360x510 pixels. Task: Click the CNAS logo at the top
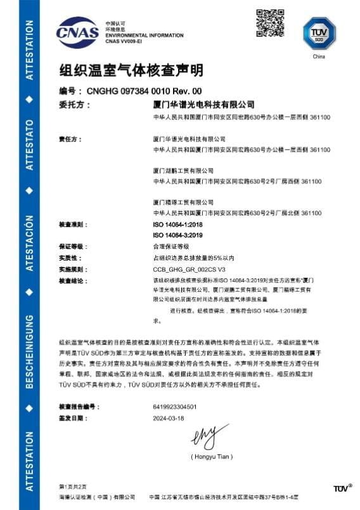tap(77, 31)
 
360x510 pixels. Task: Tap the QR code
tap(269, 23)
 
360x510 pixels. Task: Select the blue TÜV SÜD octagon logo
tap(319, 32)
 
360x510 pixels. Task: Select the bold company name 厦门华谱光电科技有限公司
tap(203, 104)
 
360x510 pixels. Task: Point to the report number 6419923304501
tap(175, 406)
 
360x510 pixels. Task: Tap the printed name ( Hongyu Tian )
tap(212, 456)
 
